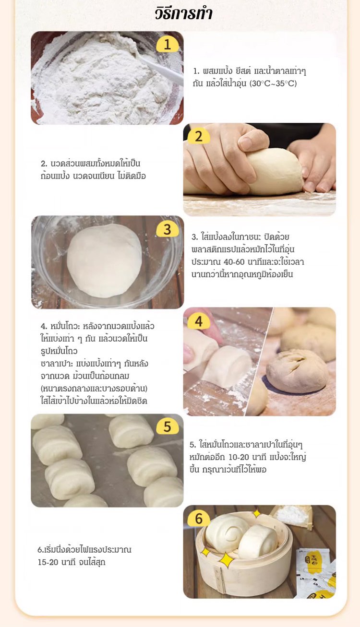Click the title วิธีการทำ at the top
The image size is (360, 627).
click(x=184, y=13)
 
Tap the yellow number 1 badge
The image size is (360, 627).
click(x=167, y=45)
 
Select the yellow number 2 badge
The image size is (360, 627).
click(x=199, y=136)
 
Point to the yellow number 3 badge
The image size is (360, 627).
click(x=167, y=229)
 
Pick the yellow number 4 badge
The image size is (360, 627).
click(x=199, y=321)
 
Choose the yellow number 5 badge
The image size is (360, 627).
click(x=167, y=426)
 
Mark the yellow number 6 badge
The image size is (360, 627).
click(x=199, y=519)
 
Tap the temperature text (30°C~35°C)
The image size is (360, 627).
click(x=273, y=83)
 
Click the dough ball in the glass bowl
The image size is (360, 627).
click(x=104, y=260)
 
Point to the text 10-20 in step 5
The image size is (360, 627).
click(x=239, y=457)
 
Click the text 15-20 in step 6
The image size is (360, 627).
click(x=48, y=562)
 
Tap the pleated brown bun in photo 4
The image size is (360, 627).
click(x=297, y=370)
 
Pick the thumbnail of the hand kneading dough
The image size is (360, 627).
click(x=259, y=169)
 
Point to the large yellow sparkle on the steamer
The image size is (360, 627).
click(x=227, y=560)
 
